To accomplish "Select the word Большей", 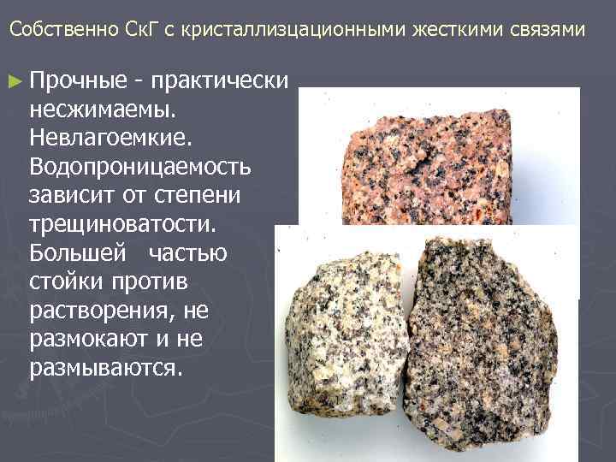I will [x=74, y=252].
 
